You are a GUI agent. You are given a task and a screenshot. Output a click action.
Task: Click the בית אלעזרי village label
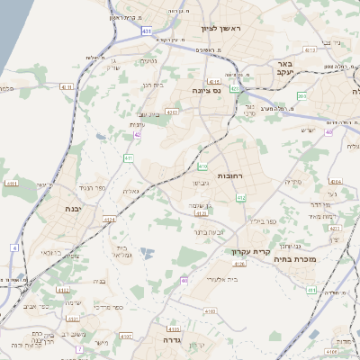pyautogui.click(x=222, y=280)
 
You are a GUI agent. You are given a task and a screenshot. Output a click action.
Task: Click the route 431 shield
pyautogui.click(x=147, y=31)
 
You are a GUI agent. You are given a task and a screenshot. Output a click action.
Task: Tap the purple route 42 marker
pyautogui.click(x=137, y=135)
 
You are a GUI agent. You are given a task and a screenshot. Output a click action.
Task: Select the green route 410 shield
pyautogui.click(x=202, y=166)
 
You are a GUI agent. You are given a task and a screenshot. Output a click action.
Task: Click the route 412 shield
pyautogui.click(x=240, y=197)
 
